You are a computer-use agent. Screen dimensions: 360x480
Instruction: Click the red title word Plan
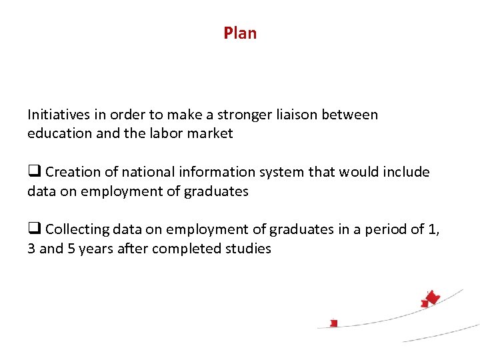pyautogui.click(x=240, y=33)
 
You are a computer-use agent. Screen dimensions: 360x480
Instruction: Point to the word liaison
pyautogui.click(x=295, y=115)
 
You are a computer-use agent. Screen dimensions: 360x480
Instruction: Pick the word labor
pyautogui.click(x=159, y=133)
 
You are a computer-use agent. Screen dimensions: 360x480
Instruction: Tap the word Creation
pyautogui.click(x=72, y=172)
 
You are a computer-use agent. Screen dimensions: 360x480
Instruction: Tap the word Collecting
pyautogui.click(x=77, y=229)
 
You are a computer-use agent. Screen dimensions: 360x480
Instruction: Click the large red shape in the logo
pyautogui.click(x=433, y=298)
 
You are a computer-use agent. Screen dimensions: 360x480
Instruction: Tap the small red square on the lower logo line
pyautogui.click(x=334, y=323)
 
